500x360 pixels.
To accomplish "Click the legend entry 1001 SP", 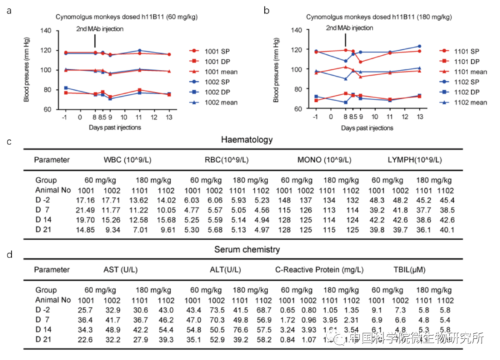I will point(216,50).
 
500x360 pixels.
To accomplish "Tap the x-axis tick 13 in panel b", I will point(420,117).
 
